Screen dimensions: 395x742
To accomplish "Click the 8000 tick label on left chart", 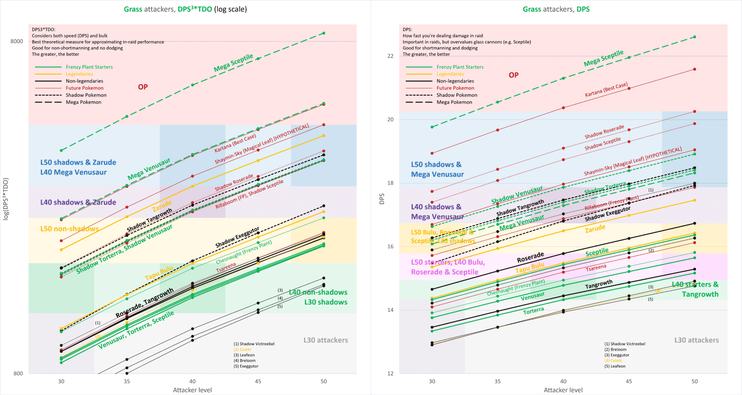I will coord(17,41).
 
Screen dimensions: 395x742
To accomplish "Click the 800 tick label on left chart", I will coord(18,373).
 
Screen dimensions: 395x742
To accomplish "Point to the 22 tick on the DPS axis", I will coord(390,56).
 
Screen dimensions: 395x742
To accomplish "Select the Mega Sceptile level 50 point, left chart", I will coord(323,33).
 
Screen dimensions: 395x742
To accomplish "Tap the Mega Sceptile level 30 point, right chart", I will coord(432,127).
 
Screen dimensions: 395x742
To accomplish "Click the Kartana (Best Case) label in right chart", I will coord(606,90).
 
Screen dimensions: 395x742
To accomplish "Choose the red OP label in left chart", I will coord(143,87).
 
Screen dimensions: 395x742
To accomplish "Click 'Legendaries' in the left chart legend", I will coord(79,74).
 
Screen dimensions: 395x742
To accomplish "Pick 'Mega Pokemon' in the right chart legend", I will coord(454,102).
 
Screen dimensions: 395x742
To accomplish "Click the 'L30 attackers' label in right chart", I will coord(696,340).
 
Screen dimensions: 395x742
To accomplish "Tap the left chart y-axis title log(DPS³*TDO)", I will coord(6,199).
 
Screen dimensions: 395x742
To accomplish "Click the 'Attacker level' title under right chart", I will coord(563,390).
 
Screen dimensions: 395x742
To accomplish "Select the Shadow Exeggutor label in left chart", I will coord(237,237).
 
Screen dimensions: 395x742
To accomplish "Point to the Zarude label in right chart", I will coord(595,228).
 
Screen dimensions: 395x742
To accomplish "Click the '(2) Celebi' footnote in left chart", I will coord(242,349).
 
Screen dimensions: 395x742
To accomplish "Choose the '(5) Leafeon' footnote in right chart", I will coord(615,366).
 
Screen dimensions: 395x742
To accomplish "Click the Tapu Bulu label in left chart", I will coord(159,273).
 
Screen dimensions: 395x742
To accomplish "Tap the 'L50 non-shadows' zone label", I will coord(70,229).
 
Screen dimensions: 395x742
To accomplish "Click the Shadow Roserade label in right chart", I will coord(604,132).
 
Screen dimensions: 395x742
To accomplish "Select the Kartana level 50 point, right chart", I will coord(694,69).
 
